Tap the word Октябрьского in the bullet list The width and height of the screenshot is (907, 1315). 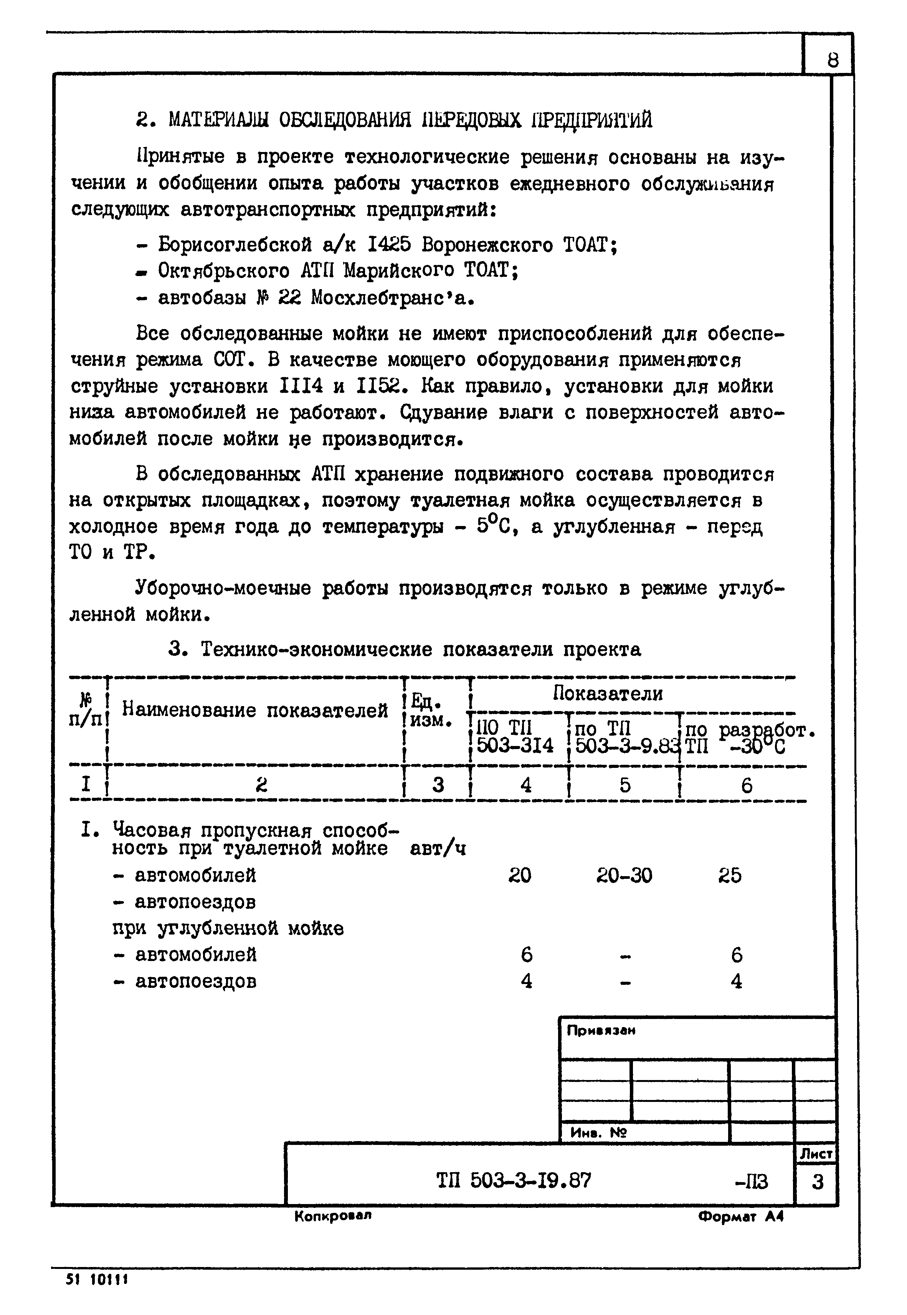(224, 271)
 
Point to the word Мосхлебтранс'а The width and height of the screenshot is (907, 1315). (392, 298)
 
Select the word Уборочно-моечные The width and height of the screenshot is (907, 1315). (223, 588)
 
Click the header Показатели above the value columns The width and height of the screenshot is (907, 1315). (608, 693)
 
